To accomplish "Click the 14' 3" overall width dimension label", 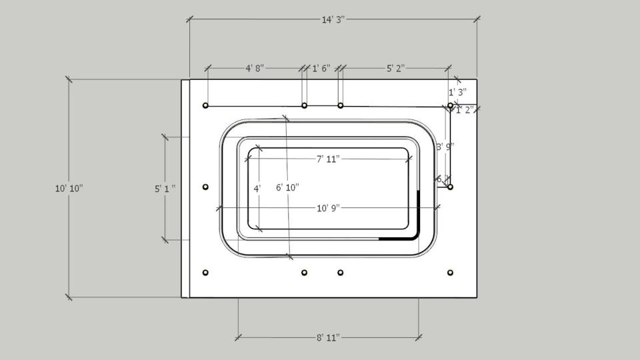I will click(x=332, y=20).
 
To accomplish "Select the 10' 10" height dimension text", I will click(x=69, y=189).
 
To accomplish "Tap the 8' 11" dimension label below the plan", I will click(x=328, y=338).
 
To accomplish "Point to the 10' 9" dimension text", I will click(x=328, y=208).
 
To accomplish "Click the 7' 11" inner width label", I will click(x=328, y=159).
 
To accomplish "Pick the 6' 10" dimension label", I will click(x=287, y=188).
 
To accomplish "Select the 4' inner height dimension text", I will click(x=257, y=189).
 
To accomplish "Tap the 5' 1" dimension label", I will click(x=165, y=189).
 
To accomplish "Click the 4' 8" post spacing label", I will click(x=255, y=68).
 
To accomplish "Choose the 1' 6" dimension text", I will click(x=321, y=68).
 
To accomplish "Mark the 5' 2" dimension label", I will click(x=396, y=68).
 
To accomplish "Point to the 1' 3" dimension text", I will click(x=457, y=92).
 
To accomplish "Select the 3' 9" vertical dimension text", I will click(x=445, y=147).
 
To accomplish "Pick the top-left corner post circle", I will click(x=205, y=105).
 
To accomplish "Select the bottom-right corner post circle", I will click(x=450, y=273).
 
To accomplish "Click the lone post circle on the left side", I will click(x=205, y=187).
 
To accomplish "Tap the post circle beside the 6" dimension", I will click(x=450, y=187).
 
